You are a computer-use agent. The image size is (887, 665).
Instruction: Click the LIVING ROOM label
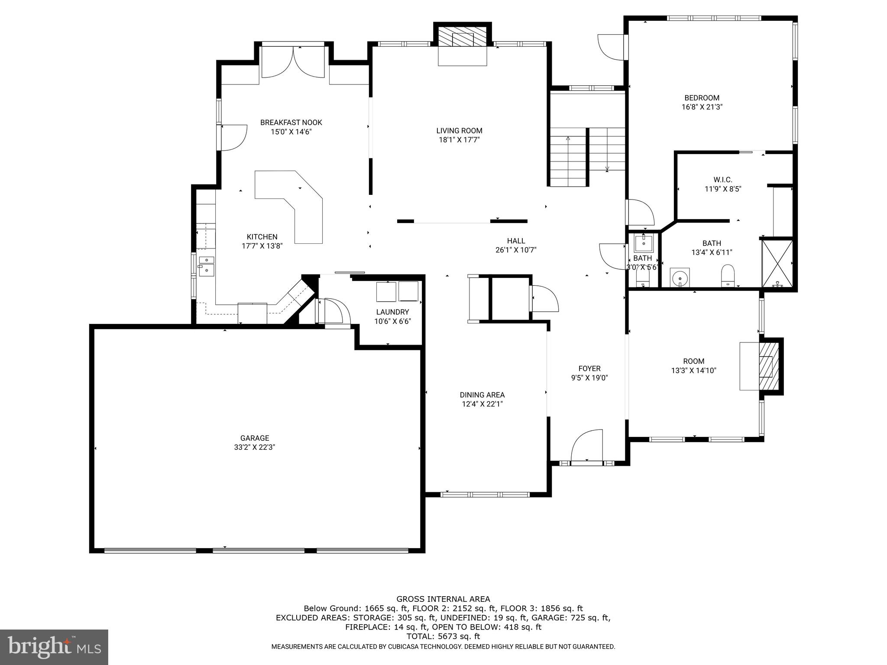click(x=459, y=131)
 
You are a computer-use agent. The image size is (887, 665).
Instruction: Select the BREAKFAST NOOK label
click(x=291, y=123)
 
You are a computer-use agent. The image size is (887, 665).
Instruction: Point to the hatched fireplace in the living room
click(x=463, y=37)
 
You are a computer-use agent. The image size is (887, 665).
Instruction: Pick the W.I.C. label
click(x=723, y=180)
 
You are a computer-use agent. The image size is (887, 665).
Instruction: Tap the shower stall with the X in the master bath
click(x=777, y=263)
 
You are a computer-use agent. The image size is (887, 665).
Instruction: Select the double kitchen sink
click(x=207, y=265)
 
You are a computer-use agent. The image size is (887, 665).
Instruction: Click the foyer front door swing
click(x=587, y=446)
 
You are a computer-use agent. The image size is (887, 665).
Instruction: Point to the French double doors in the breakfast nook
click(x=293, y=63)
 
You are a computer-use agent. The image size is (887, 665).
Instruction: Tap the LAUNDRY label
click(x=392, y=312)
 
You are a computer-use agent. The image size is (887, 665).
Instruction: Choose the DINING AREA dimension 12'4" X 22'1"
click(x=482, y=404)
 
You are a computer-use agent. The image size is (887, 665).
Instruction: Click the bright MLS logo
click(x=54, y=647)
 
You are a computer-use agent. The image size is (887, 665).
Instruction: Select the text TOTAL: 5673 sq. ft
click(x=443, y=636)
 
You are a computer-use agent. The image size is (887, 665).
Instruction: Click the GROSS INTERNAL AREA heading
click(x=443, y=599)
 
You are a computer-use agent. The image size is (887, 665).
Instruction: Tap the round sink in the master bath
click(x=680, y=277)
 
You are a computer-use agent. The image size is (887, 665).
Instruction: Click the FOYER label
click(x=589, y=368)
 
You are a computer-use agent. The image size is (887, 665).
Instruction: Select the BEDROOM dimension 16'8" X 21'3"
click(x=702, y=107)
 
